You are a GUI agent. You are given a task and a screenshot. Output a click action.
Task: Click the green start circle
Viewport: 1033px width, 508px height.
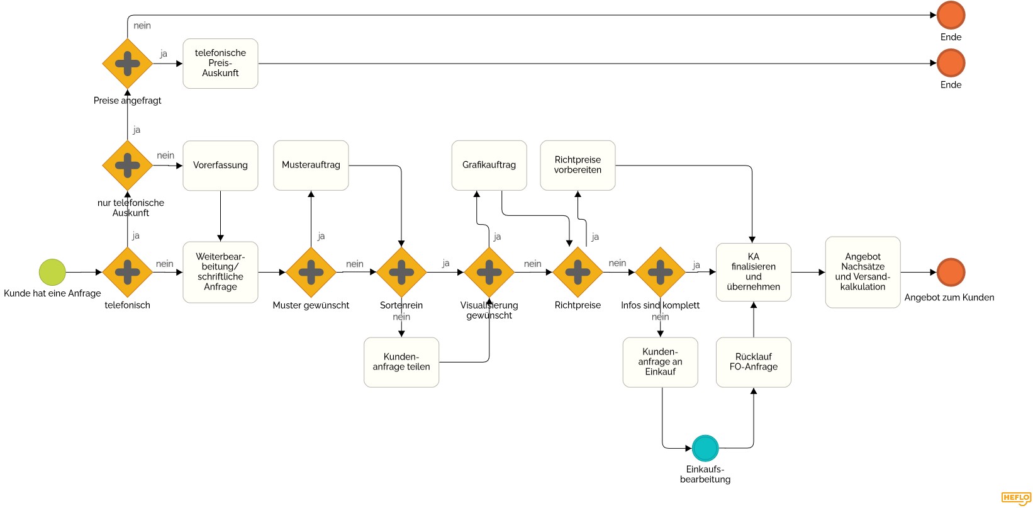tap(52, 272)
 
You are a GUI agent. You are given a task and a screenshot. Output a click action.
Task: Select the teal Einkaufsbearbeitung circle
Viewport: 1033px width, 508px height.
tap(705, 448)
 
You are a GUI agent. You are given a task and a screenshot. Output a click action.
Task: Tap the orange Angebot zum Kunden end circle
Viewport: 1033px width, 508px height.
tap(951, 272)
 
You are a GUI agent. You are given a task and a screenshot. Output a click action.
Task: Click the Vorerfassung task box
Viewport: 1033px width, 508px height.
tap(220, 166)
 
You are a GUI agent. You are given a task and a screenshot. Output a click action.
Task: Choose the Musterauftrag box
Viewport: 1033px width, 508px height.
tap(311, 166)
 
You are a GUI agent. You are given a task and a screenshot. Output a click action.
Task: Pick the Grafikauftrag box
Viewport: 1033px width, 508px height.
tap(489, 166)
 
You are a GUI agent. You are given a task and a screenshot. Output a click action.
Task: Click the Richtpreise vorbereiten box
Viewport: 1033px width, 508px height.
tap(578, 166)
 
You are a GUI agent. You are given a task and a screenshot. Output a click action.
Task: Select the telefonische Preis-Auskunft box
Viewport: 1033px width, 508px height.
tap(220, 64)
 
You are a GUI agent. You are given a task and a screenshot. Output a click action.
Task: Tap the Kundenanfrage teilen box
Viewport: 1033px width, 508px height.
tap(401, 362)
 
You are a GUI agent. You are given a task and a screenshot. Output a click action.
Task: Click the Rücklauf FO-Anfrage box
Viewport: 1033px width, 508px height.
tap(753, 362)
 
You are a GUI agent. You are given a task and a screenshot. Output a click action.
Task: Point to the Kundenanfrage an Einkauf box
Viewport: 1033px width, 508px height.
tap(660, 362)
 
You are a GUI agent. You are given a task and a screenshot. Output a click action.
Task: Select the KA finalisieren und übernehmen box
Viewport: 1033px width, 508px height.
tap(753, 272)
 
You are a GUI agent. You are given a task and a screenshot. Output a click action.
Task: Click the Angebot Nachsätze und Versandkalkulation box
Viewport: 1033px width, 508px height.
tap(863, 272)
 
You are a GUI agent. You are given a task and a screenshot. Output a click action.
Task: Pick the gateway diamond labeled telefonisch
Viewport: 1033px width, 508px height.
tap(128, 272)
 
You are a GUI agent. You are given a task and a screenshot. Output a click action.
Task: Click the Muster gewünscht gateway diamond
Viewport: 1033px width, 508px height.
tap(311, 272)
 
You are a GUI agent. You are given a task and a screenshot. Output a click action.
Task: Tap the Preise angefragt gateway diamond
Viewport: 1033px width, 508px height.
tap(128, 64)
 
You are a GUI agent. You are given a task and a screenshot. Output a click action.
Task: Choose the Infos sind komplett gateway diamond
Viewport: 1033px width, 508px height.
tap(660, 272)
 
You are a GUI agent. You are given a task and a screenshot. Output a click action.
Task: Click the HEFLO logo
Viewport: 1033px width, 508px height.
tap(1015, 498)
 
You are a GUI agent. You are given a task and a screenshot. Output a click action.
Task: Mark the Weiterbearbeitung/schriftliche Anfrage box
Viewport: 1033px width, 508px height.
tap(220, 272)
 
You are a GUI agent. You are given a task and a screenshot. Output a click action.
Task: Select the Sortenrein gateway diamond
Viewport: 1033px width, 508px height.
tap(401, 272)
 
